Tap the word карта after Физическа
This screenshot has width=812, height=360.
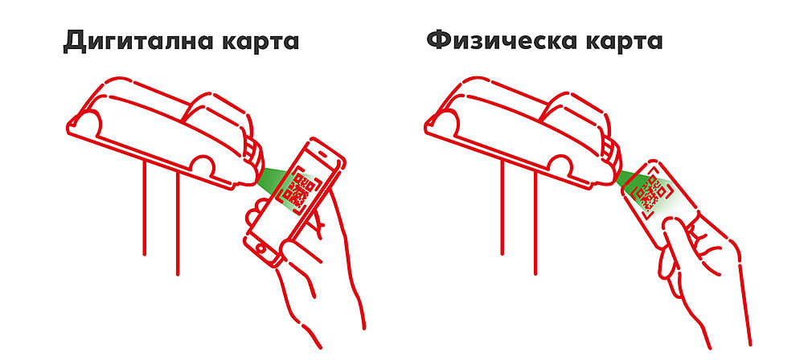624,41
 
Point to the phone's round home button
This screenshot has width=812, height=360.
260,249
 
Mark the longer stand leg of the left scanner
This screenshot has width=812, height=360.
178,223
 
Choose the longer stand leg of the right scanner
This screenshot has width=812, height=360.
535,223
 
